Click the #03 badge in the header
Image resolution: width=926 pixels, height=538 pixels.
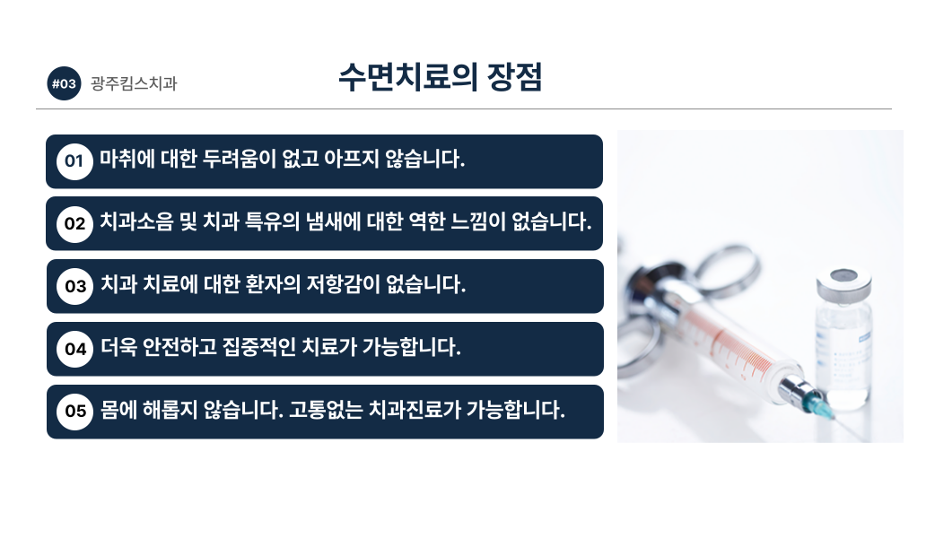coord(64,83)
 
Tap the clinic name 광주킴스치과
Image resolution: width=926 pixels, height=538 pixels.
coord(134,83)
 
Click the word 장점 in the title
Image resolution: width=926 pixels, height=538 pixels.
coord(514,77)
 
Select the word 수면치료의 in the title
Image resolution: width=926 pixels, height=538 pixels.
coord(408,77)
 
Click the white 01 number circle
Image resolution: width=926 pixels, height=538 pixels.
coord(74,161)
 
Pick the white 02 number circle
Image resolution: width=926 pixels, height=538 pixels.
coord(74,223)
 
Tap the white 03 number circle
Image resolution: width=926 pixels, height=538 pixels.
coord(75,287)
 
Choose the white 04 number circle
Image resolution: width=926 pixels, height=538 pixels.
coord(75,349)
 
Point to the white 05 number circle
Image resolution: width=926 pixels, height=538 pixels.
coord(75,412)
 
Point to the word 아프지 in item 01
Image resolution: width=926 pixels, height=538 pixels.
coord(352,159)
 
